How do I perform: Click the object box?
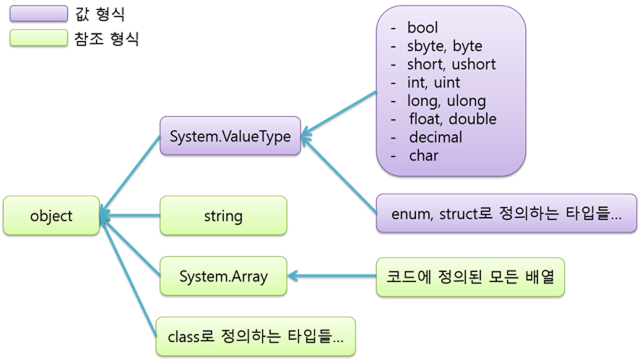pyautogui.click(x=51, y=216)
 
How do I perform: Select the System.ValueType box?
pyautogui.click(x=230, y=136)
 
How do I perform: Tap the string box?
pyautogui.click(x=223, y=216)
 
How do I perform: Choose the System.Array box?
pyautogui.click(x=223, y=277)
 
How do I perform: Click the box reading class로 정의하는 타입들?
pyautogui.click(x=255, y=337)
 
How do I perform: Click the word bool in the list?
pyautogui.click(x=422, y=28)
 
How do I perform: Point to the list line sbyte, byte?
pyautogui.click(x=444, y=46)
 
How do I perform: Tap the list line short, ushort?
pyautogui.click(x=451, y=64)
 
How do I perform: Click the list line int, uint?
pyautogui.click(x=433, y=83)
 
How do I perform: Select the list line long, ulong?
pyautogui.click(x=447, y=101)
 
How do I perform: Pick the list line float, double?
pyautogui.click(x=452, y=119)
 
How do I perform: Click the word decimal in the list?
pyautogui.click(x=435, y=137)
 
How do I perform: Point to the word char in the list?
pyautogui.click(x=424, y=156)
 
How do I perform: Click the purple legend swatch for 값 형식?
pyautogui.click(x=38, y=14)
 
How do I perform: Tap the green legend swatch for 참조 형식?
pyautogui.click(x=38, y=38)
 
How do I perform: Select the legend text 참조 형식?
pyautogui.click(x=107, y=39)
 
